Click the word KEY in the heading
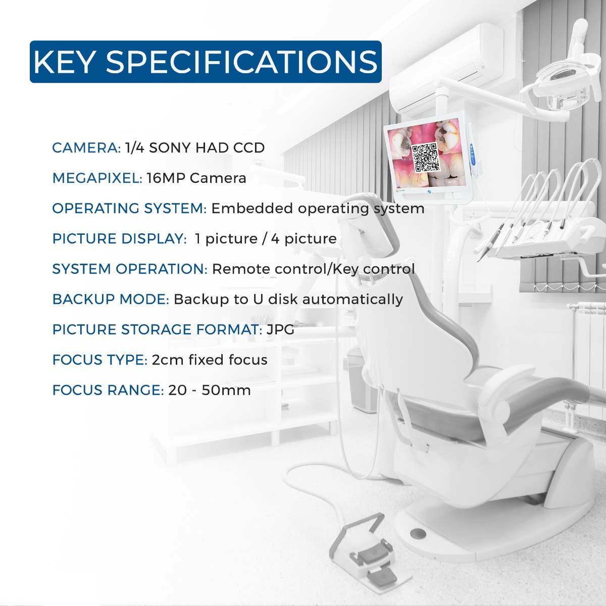point(64,62)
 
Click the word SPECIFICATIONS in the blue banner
point(241,62)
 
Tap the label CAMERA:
point(86,148)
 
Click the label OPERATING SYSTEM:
point(129,209)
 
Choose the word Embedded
point(252,209)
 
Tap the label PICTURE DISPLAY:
point(119,239)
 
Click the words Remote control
point(270,269)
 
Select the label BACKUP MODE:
point(111,299)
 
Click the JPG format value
point(280,330)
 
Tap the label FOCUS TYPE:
point(99,360)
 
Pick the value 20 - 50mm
point(210,390)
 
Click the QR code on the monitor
point(425,157)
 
